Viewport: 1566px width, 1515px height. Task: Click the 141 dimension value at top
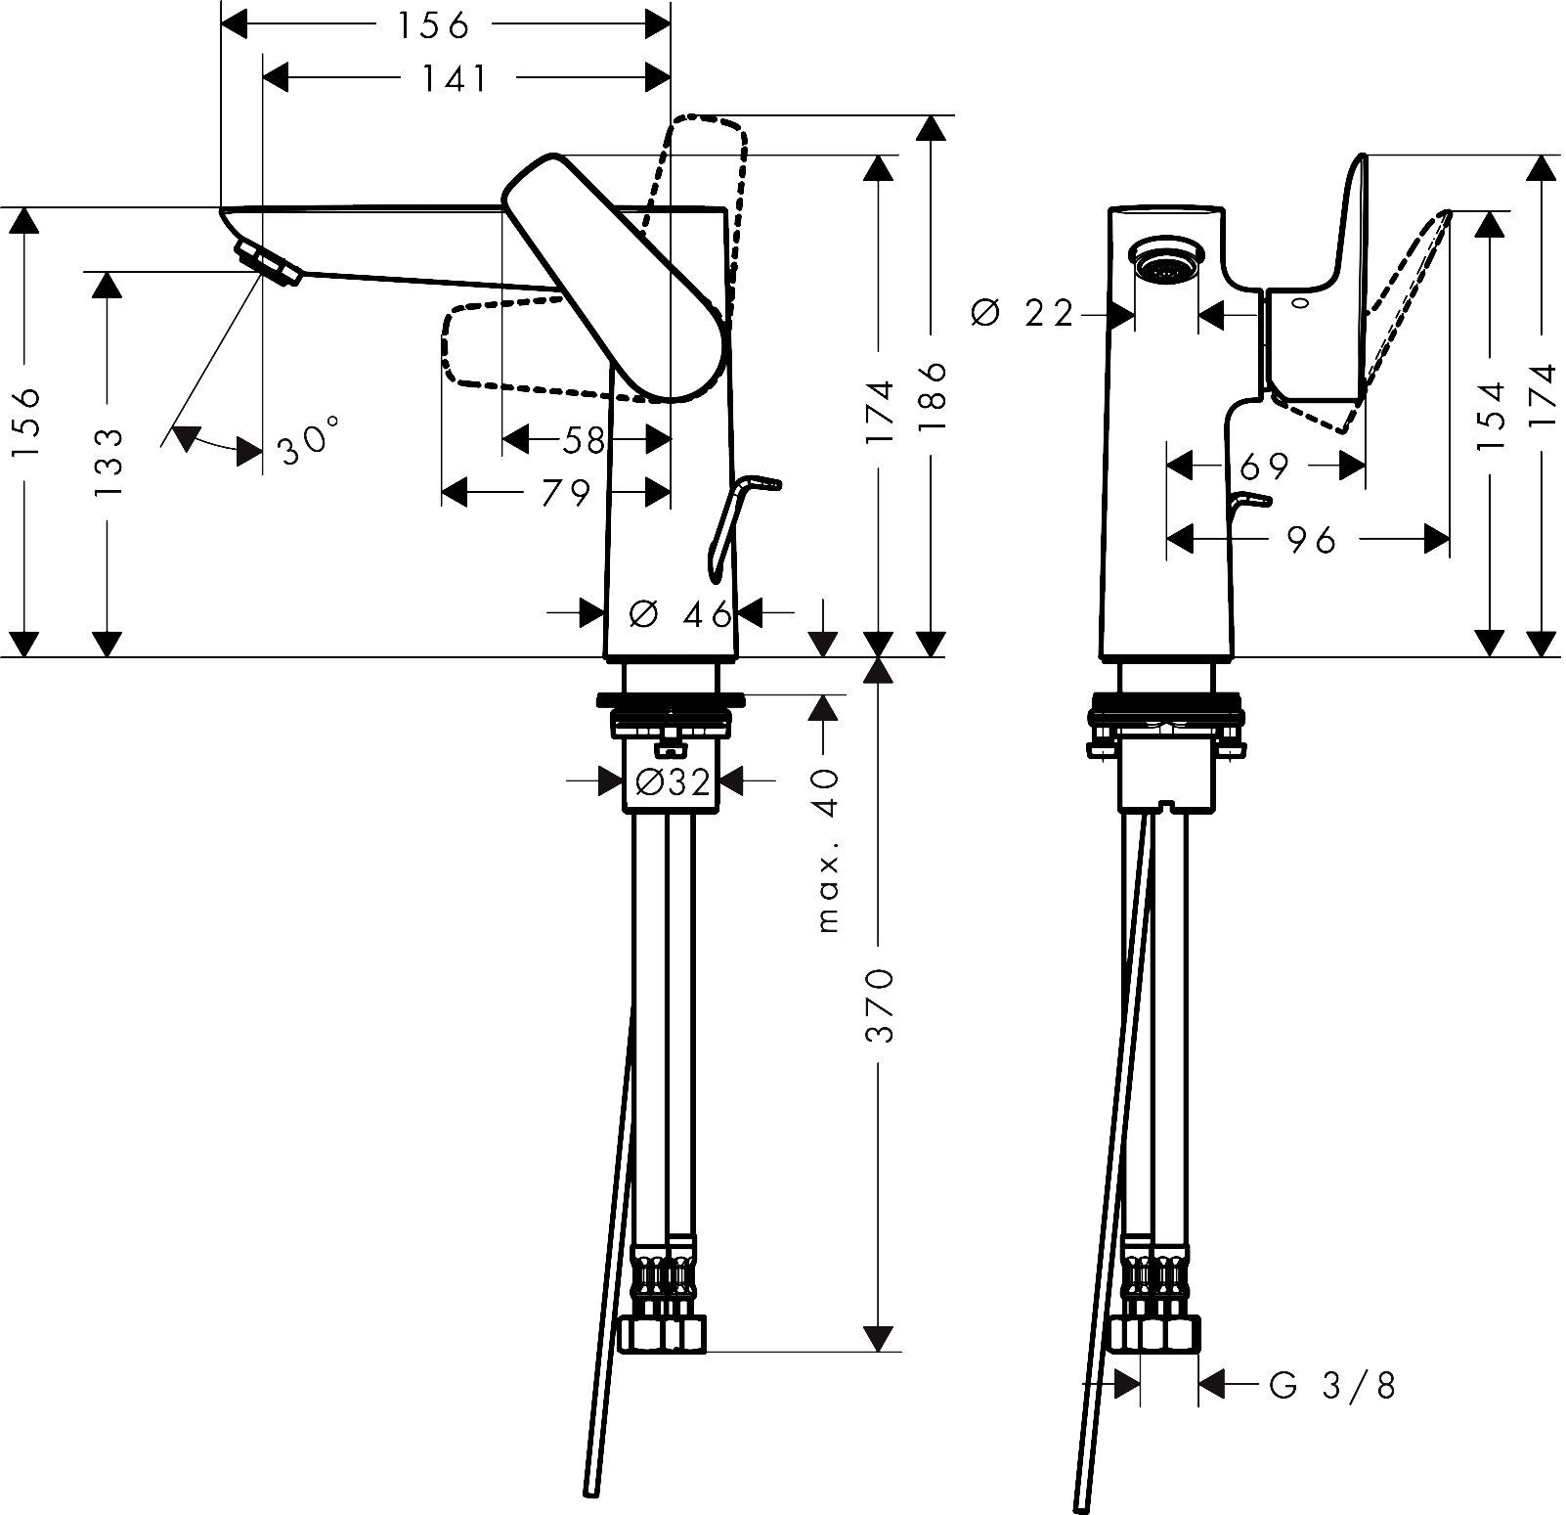click(x=456, y=77)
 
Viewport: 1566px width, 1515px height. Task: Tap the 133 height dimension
click(x=109, y=463)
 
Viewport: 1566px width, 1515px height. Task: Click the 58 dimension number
click(x=584, y=441)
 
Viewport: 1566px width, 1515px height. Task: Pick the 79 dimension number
click(x=566, y=493)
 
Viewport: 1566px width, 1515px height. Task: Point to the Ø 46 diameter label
click(x=681, y=614)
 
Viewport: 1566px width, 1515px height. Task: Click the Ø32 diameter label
click(x=672, y=781)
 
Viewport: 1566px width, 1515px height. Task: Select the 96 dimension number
click(x=1311, y=539)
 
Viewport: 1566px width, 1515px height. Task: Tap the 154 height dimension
click(x=1489, y=416)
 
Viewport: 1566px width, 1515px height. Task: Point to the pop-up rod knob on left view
click(x=761, y=482)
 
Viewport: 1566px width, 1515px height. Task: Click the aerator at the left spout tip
click(x=265, y=263)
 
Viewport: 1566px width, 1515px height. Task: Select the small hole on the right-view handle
click(x=1299, y=303)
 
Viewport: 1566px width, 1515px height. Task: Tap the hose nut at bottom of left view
click(x=662, y=1333)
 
